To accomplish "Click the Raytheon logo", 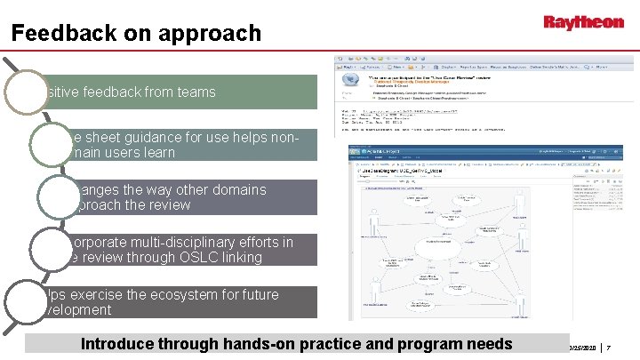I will [x=583, y=22].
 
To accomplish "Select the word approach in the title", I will [x=218, y=34].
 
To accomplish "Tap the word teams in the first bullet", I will [x=195, y=92].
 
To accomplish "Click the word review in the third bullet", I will [x=172, y=205].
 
